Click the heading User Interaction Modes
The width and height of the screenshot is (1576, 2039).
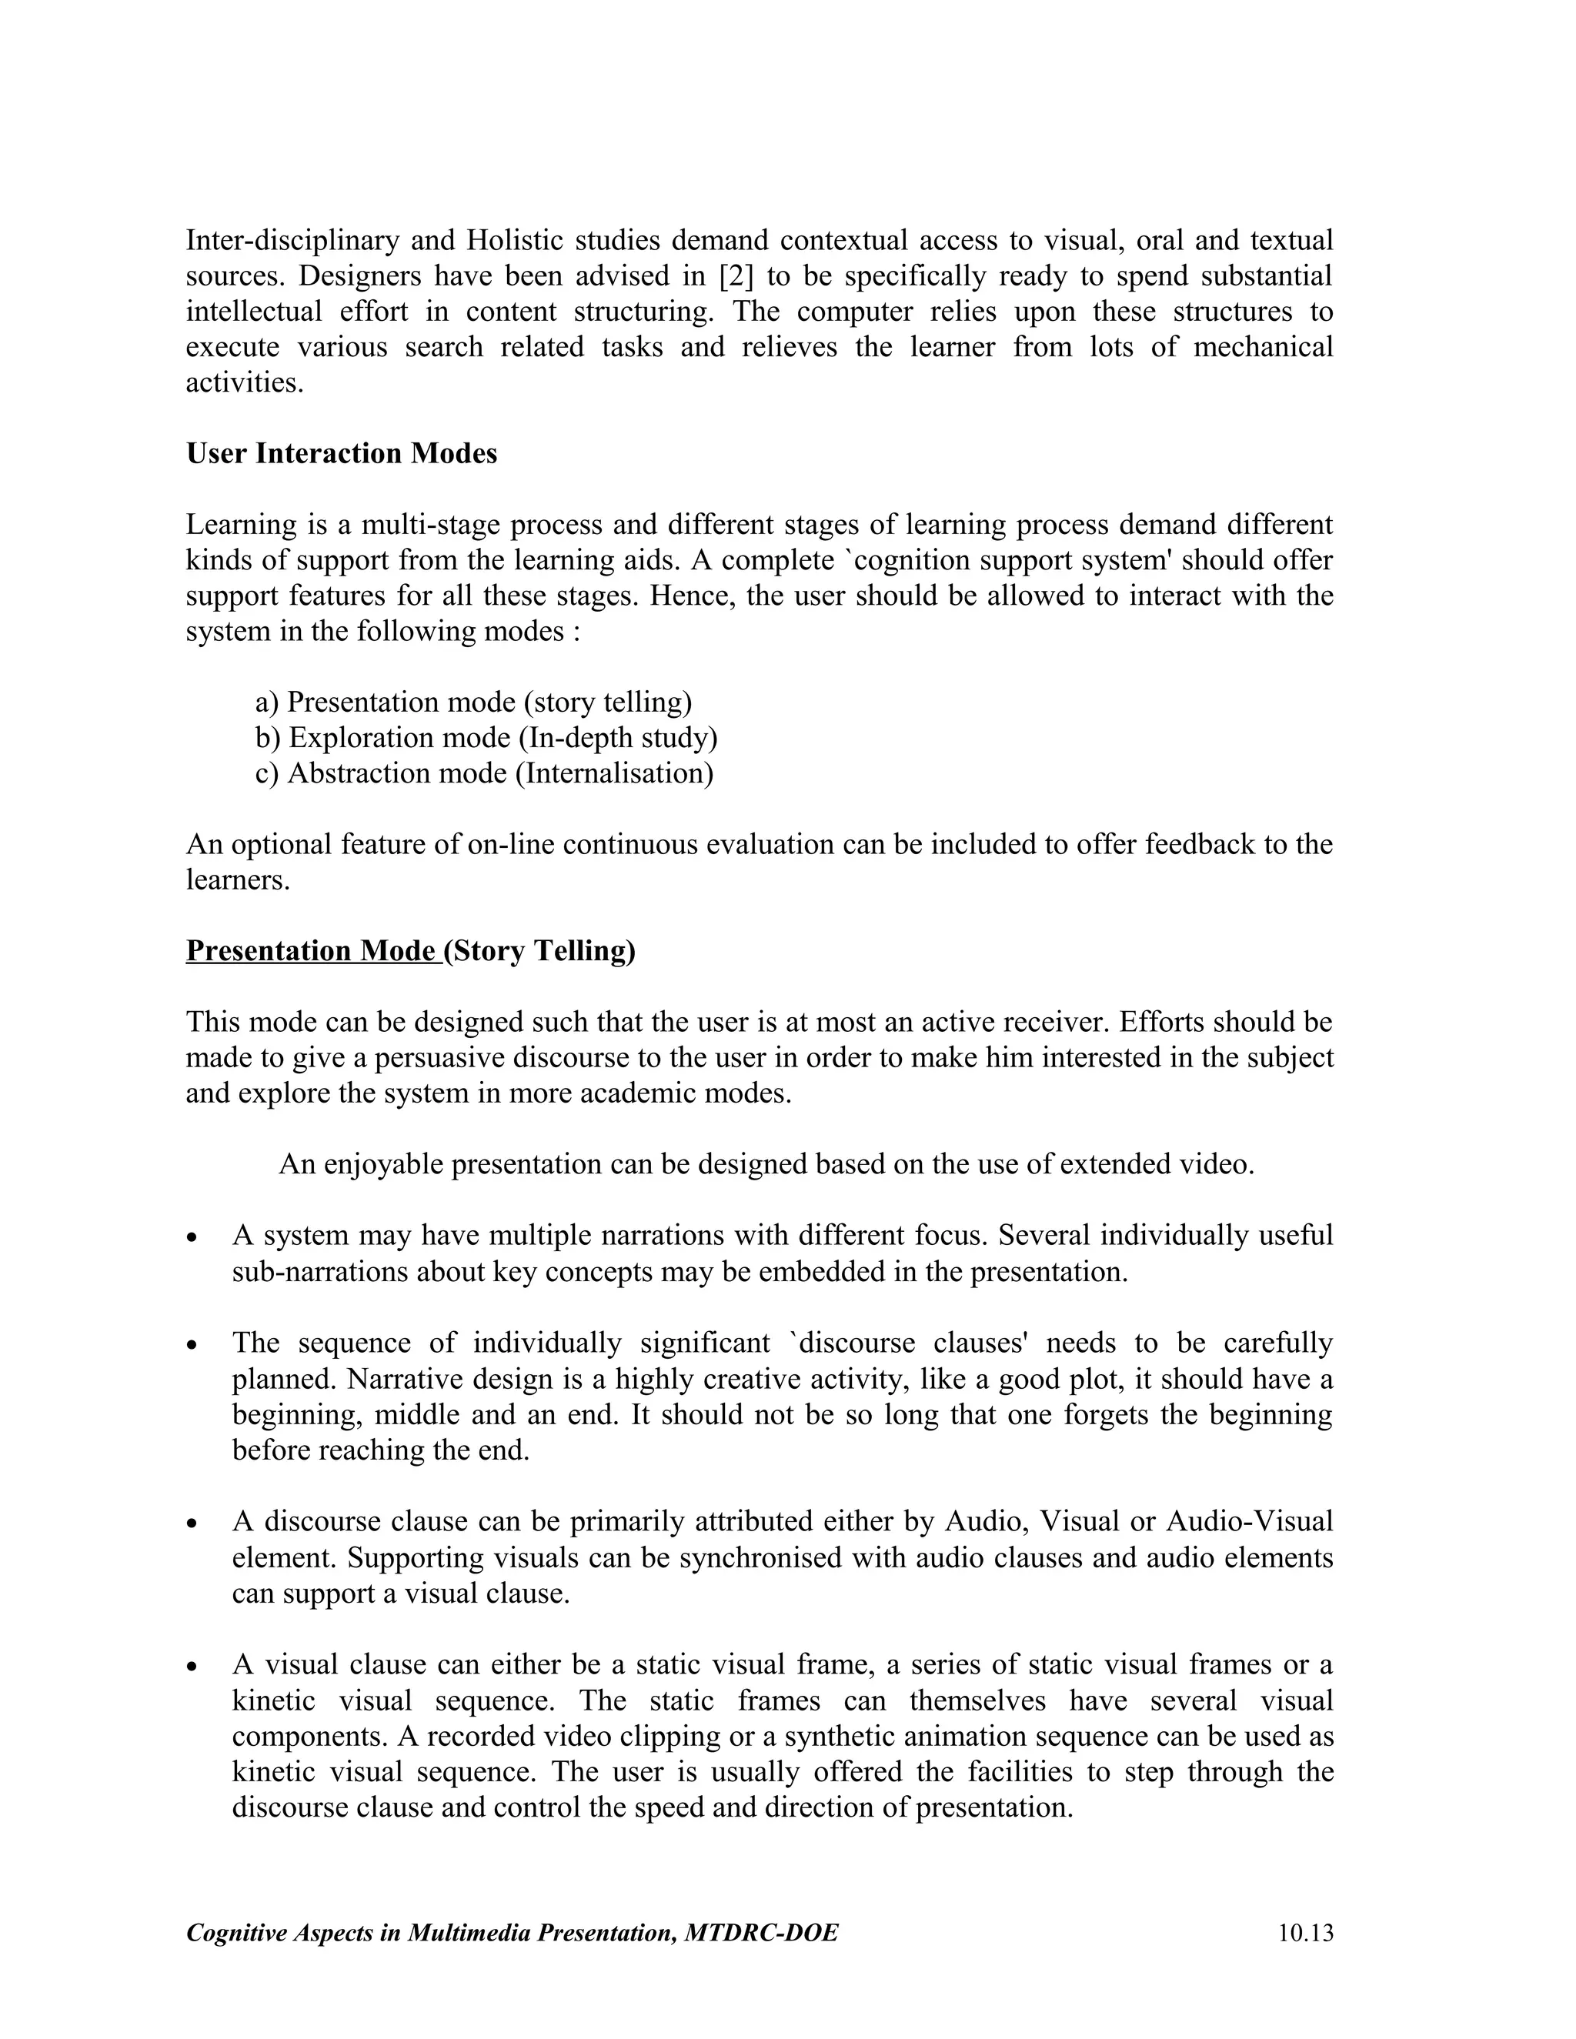[342, 454]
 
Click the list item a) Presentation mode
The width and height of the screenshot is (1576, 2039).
[473, 702]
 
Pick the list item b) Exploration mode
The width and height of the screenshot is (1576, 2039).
[486, 738]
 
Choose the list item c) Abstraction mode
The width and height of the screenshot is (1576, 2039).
[483, 773]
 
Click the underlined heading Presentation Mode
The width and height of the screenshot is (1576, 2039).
[314, 950]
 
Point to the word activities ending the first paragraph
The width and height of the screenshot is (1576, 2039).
[245, 382]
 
